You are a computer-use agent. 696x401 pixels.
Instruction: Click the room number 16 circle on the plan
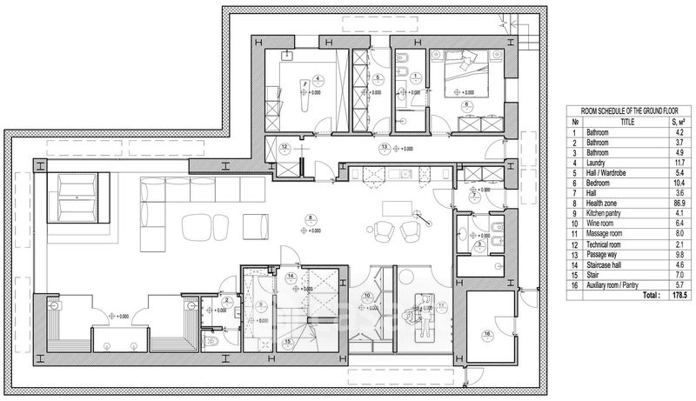point(487,334)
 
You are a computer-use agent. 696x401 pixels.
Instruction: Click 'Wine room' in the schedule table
point(602,246)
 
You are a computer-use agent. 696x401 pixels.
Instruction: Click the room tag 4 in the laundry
point(317,77)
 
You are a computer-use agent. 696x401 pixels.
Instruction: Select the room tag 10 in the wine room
point(368,296)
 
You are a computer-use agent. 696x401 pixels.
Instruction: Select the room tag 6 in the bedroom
point(466,104)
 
